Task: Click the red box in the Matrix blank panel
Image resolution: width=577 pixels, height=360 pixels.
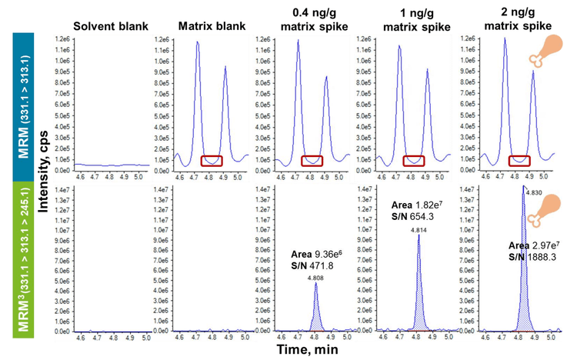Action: pos(212,161)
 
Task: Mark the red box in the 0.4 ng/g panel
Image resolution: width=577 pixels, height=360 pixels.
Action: pos(312,161)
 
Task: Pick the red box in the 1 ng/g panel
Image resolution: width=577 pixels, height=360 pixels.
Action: pos(415,161)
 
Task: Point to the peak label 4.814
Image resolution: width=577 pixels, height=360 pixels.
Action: pos(419,229)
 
